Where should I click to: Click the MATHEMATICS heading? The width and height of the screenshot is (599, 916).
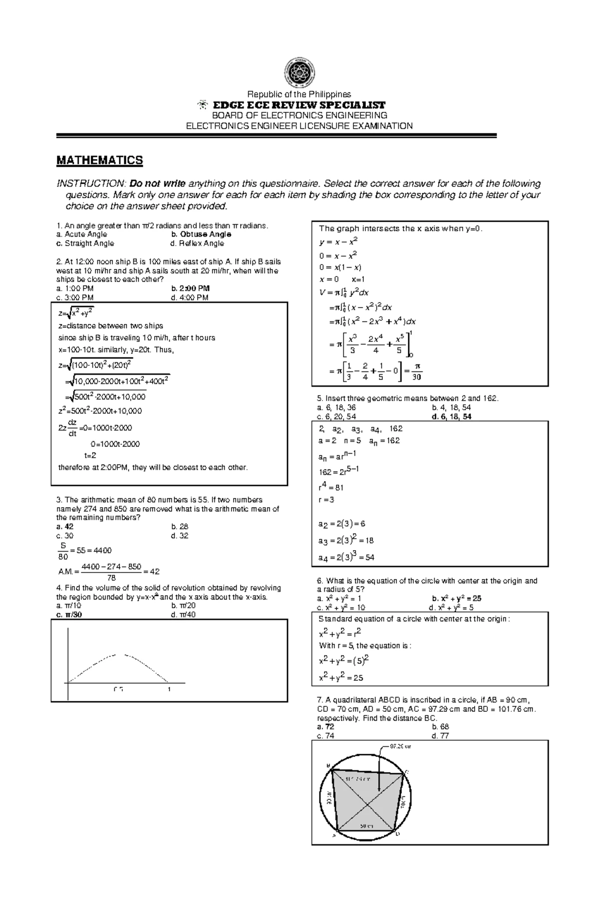pyautogui.click(x=99, y=160)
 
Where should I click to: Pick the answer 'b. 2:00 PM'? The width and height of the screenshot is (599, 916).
pyautogui.click(x=190, y=288)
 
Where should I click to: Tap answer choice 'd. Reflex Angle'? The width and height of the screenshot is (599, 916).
pyautogui.click(x=197, y=244)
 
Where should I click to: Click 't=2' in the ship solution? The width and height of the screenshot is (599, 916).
pyautogui.click(x=90, y=455)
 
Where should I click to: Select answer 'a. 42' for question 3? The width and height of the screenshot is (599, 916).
pyautogui.click(x=65, y=527)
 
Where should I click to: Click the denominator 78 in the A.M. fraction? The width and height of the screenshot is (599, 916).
pyautogui.click(x=111, y=578)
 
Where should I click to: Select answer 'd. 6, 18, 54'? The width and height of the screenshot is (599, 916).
pyautogui.click(x=451, y=416)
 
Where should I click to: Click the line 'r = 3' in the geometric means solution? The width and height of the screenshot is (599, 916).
pyautogui.click(x=326, y=500)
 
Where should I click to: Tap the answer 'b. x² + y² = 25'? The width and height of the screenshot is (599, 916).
pyautogui.click(x=456, y=599)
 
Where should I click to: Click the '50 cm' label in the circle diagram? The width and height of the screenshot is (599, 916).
pyautogui.click(x=367, y=826)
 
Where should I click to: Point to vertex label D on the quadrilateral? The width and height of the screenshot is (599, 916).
pyautogui.click(x=397, y=834)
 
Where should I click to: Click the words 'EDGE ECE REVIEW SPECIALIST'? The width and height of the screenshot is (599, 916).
pyautogui.click(x=299, y=105)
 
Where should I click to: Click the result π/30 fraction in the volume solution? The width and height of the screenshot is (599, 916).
pyautogui.click(x=417, y=372)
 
